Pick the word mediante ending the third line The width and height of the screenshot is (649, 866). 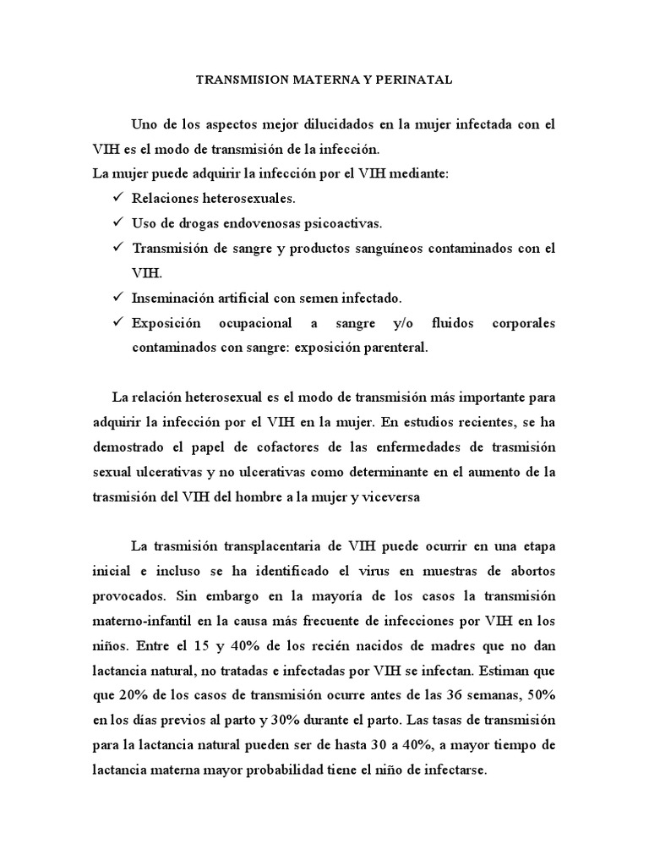419,173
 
